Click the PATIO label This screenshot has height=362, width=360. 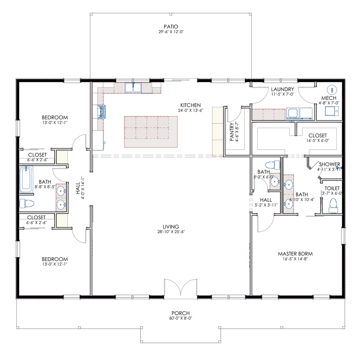point(171,26)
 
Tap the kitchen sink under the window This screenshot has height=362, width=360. point(133,88)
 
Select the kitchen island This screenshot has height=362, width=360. point(151,132)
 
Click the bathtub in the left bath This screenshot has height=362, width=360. point(26,179)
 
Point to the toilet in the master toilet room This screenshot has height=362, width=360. point(333,206)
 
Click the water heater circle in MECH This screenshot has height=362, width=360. point(332,90)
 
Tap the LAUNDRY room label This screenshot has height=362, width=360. point(282,89)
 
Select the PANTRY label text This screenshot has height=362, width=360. point(232,132)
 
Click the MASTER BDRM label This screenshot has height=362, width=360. point(295,254)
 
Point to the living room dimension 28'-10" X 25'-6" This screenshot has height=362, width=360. point(171,232)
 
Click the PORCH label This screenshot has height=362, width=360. point(180,313)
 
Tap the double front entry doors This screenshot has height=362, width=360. point(180,287)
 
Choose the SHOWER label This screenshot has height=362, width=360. point(330,164)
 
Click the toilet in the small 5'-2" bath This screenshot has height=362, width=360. point(272,165)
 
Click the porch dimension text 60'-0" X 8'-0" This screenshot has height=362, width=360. point(180,318)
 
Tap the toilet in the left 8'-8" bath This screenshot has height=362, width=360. point(27,203)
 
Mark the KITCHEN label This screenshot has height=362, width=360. point(190,105)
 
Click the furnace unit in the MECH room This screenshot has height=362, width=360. point(332,111)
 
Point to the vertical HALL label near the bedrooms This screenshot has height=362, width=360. point(78,188)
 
